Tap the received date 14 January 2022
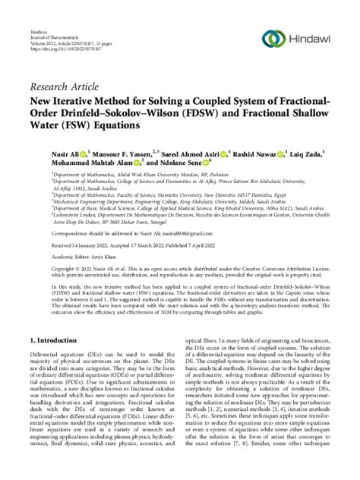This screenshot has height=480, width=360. pyautogui.click(x=96, y=255)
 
